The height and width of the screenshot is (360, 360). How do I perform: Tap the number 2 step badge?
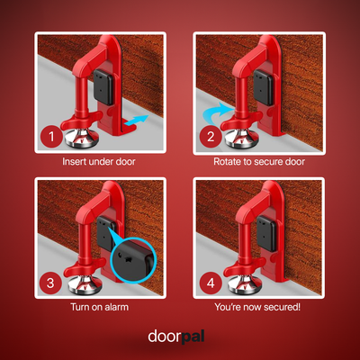pos(210,138)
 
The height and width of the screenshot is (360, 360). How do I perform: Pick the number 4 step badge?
pos(210,283)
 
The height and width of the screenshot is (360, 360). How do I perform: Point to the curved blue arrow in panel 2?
pos(220,112)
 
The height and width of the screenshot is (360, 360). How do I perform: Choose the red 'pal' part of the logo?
pos(200,337)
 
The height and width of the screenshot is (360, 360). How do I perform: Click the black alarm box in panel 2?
pos(263,85)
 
